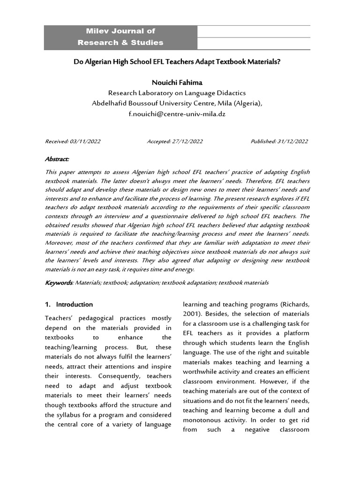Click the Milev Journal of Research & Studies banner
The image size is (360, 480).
point(120,37)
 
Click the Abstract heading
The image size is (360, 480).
point(57,159)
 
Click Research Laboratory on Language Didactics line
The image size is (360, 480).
point(177,93)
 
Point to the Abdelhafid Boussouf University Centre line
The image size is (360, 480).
point(177,103)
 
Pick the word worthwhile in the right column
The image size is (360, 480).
point(202,372)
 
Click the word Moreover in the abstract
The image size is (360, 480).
point(60,242)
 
